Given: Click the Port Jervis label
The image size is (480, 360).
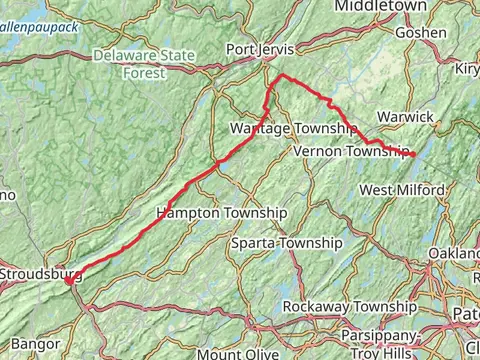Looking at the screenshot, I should pyautogui.click(x=263, y=49).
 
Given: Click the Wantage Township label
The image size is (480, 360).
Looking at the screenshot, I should pyautogui.click(x=293, y=130).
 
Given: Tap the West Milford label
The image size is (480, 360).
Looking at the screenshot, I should pyautogui.click(x=402, y=190).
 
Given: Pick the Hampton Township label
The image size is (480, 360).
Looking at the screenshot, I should pyautogui.click(x=221, y=214).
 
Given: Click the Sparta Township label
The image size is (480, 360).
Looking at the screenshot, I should pyautogui.click(x=286, y=243).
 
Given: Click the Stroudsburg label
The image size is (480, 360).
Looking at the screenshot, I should pyautogui.click(x=40, y=273).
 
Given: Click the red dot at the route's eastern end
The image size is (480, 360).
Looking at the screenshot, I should pyautogui.click(x=412, y=155).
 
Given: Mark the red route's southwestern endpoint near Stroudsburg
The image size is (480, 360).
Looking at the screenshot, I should pyautogui.click(x=68, y=282).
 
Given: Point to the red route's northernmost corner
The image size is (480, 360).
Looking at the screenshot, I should pyautogui.click(x=281, y=76).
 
